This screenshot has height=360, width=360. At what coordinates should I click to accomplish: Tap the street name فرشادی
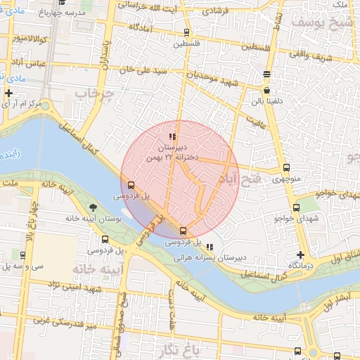click(217, 12)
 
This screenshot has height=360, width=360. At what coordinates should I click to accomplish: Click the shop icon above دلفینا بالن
click(266, 91)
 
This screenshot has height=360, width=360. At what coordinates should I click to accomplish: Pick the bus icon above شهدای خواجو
click(296, 207)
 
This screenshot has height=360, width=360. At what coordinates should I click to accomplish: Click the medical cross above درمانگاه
click(301, 255)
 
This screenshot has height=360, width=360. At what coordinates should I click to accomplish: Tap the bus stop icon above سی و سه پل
click(22, 255)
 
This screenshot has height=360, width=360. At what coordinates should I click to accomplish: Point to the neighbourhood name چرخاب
click(94, 94)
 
